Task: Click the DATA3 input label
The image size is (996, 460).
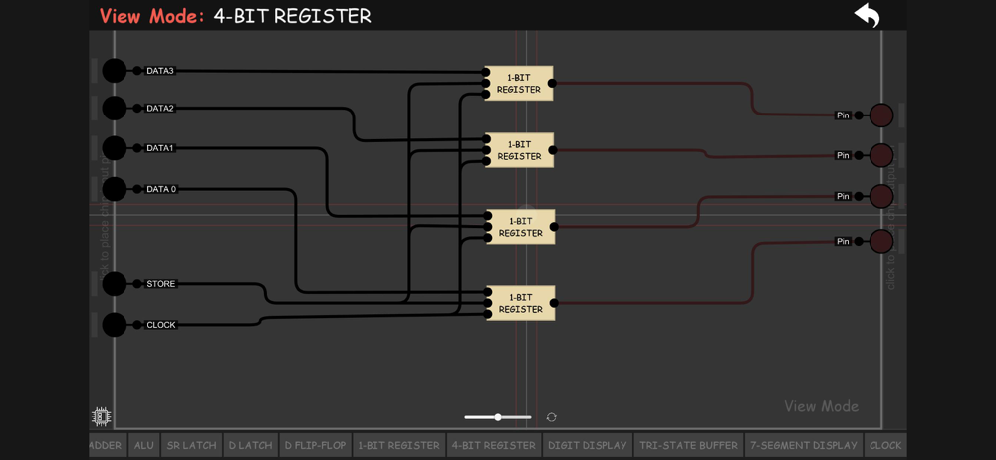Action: point(159,71)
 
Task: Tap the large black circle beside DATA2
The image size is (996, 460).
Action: point(115,108)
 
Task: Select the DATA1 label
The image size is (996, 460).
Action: point(159,148)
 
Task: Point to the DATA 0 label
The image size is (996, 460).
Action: point(160,189)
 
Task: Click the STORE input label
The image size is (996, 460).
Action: point(160,284)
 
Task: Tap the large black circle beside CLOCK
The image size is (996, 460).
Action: point(115,324)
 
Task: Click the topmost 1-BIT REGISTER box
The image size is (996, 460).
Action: point(519,83)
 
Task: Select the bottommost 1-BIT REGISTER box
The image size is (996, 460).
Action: point(520,303)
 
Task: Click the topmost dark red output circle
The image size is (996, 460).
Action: point(880,115)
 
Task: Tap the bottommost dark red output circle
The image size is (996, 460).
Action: point(880,241)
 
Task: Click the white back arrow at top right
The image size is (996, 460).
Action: point(867,15)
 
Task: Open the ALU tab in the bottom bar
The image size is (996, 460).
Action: point(144,445)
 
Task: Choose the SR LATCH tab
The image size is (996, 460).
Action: point(191,445)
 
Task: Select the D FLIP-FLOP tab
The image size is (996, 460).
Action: point(315,445)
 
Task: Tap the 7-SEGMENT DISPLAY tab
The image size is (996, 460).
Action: point(803,445)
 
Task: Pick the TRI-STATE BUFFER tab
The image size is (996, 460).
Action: point(688,445)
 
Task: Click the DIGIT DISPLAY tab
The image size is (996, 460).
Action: point(587,445)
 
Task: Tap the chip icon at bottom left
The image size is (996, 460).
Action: point(101,416)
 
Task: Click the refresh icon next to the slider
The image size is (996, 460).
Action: point(551,417)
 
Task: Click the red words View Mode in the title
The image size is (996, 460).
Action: point(151,16)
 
